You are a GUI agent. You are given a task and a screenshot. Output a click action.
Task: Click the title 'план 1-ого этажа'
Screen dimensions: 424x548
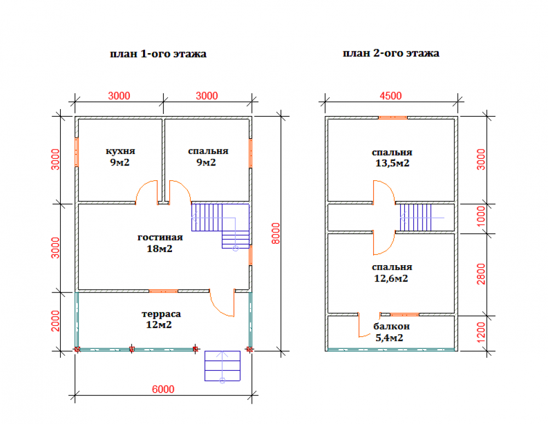(158, 54)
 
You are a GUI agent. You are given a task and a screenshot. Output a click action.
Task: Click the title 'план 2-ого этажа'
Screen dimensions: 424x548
(391, 54)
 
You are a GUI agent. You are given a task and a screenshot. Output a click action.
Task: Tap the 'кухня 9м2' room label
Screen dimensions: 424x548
(120, 157)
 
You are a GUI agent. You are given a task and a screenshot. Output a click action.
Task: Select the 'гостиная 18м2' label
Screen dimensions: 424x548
(160, 243)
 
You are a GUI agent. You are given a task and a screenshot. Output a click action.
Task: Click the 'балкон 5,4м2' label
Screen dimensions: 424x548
(391, 332)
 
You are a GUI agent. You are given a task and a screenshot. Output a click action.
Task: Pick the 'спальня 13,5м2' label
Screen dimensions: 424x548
(391, 158)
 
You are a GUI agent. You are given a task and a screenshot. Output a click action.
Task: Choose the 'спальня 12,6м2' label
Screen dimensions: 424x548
(391, 273)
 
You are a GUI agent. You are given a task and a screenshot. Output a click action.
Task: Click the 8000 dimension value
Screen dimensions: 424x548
(276, 233)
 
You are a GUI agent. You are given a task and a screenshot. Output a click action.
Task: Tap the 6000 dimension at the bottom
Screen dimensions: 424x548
(163, 389)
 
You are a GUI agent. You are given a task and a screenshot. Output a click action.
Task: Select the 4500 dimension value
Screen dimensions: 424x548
(391, 96)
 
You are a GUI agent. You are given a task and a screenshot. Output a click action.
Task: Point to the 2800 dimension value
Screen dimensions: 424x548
(481, 274)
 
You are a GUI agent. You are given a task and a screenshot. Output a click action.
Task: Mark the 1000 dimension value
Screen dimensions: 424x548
(481, 218)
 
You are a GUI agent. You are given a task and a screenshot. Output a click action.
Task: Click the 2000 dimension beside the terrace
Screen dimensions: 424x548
(56, 322)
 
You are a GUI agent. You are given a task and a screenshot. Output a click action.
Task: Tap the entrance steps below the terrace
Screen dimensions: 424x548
(222, 366)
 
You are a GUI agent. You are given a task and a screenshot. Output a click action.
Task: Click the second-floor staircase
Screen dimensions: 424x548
(417, 217)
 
